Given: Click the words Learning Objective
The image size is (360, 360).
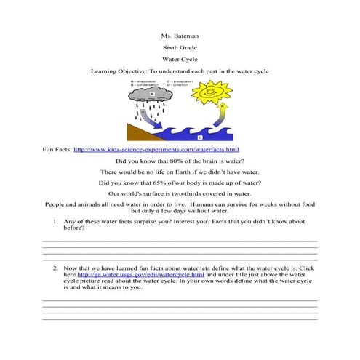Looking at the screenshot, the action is [x=117, y=73].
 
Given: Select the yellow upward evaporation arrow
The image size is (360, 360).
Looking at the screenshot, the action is [x=223, y=113].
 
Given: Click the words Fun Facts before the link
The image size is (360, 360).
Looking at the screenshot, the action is [x=57, y=148].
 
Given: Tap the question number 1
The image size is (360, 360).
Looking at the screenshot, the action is [x=56, y=220].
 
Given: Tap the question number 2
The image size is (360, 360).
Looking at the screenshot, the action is [x=56, y=268].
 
